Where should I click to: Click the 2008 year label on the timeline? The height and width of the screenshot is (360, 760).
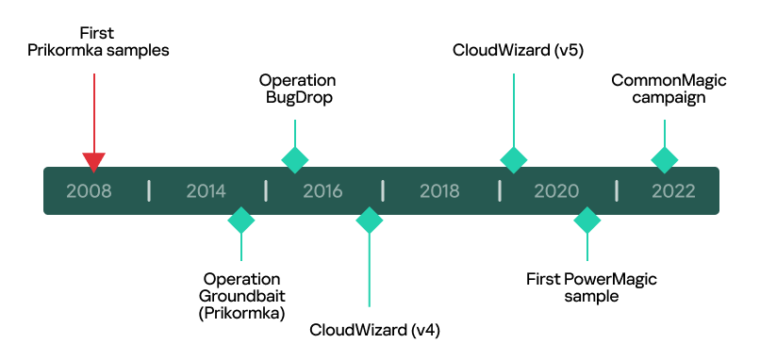89,191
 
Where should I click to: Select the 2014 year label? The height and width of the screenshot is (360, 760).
206,191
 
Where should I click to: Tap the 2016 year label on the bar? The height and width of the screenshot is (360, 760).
322,191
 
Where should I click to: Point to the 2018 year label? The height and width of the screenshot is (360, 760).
439,191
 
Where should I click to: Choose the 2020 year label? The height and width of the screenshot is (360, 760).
556,191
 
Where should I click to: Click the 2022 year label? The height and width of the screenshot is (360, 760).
673,191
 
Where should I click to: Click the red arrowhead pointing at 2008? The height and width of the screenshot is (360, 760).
93,161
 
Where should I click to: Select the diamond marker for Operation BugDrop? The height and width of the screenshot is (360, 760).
295,159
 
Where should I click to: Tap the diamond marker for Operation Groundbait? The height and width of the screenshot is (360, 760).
241,221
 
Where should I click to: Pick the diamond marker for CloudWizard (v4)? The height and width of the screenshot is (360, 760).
369,221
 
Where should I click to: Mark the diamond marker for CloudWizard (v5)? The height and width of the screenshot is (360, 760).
513,159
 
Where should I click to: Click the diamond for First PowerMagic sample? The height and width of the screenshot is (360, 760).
587,221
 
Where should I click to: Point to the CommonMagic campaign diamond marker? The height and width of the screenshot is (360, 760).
665,159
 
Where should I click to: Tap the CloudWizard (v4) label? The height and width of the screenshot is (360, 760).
375,330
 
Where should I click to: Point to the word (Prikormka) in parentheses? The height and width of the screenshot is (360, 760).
242,312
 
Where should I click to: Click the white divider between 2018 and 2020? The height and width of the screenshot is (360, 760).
500,190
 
